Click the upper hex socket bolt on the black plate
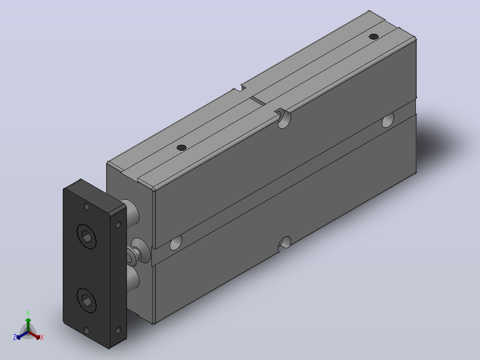tap(86, 236)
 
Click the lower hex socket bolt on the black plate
tap(86, 300)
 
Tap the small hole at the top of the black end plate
tap(87, 206)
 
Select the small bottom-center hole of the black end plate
tap(87, 331)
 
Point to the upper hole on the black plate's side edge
tap(118, 225)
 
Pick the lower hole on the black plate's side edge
tap(118, 330)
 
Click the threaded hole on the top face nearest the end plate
tap(182, 147)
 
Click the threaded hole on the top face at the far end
tap(374, 37)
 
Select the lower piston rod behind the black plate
tap(132, 279)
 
